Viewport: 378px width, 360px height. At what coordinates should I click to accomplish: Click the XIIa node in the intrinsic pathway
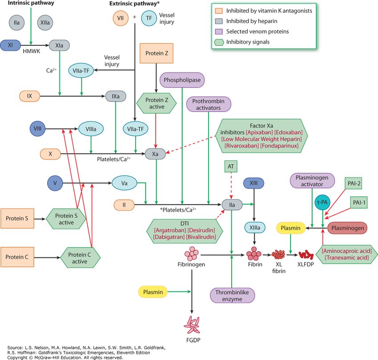pos(45,23)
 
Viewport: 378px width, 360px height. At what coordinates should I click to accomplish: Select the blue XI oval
pos(10,45)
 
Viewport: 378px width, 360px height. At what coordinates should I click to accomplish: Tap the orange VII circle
pos(121,18)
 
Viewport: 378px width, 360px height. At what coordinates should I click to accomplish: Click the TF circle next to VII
pos(149,18)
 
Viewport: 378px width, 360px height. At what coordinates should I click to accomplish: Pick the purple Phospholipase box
pos(182,80)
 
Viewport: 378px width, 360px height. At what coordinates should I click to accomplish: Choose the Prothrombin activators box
pos(209,104)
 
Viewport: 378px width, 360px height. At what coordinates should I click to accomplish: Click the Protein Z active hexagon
pos(157,104)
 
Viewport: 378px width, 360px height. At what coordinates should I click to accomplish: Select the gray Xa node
pos(155,154)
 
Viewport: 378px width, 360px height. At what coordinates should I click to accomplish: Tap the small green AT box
pos(231,166)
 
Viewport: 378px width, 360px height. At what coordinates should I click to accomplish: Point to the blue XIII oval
pos(253,183)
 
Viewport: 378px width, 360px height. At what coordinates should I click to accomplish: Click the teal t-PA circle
pos(322,202)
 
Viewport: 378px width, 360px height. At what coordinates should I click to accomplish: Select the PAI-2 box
pos(354,184)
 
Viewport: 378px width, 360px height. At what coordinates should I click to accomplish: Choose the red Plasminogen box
pos(347,228)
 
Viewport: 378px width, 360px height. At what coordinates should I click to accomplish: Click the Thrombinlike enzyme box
pos(232,296)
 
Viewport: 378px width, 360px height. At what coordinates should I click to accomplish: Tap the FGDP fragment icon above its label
pos(192,325)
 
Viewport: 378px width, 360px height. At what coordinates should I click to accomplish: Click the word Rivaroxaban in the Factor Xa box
pos(241,146)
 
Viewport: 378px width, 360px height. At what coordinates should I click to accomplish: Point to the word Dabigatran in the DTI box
pos(169,237)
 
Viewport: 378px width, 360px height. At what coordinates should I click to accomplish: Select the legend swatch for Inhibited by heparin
pos(219,21)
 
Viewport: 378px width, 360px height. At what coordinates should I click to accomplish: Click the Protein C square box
pos(17,257)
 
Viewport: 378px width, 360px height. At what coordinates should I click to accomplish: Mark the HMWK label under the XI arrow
pos(31,51)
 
